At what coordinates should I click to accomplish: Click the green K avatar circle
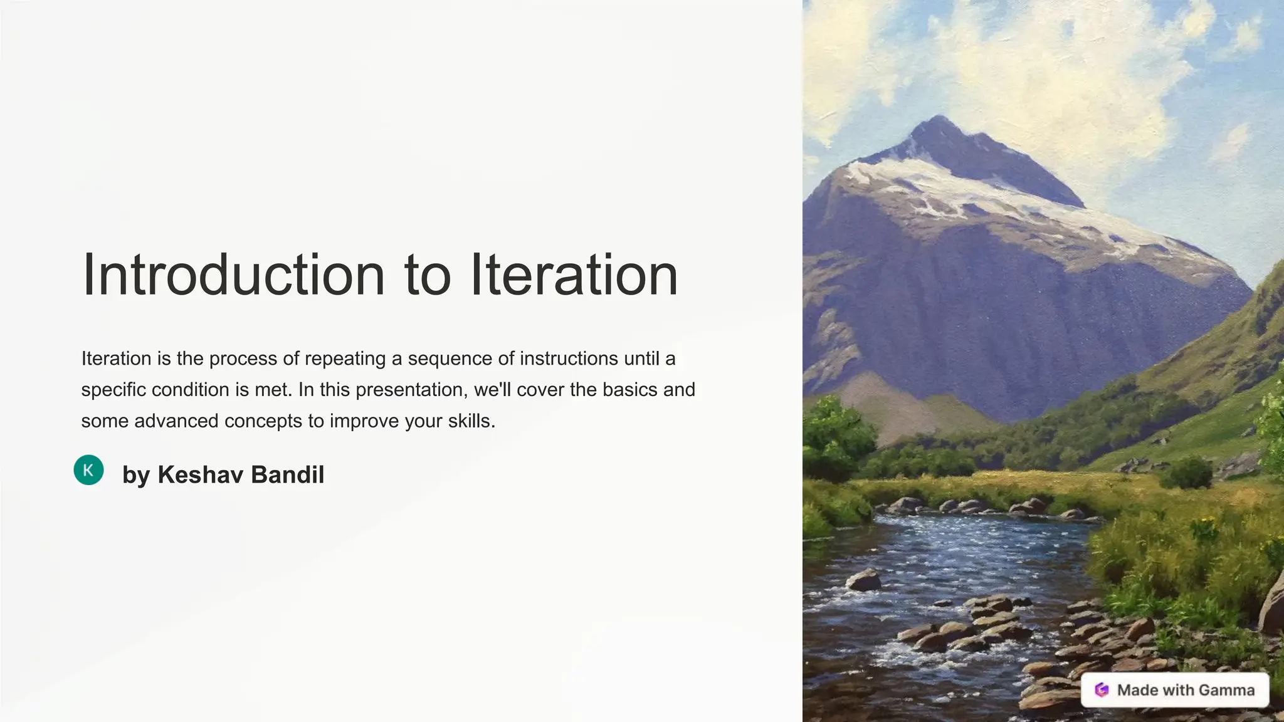(88, 470)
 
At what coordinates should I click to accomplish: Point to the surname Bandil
(287, 474)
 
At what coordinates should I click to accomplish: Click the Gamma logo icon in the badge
(1102, 690)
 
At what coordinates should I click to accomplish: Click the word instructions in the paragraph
(569, 358)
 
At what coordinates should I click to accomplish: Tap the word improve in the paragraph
(364, 421)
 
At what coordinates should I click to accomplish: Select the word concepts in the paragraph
(263, 421)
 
